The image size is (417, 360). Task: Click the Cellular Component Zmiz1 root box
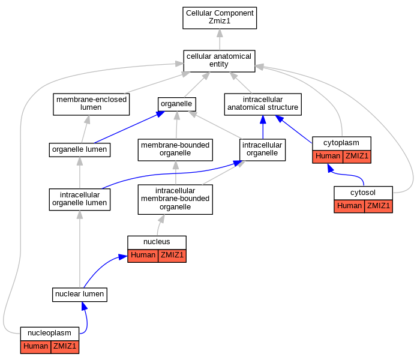point(220,18)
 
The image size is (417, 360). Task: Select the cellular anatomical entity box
point(219,61)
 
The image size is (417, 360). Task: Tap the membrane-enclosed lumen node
point(91,104)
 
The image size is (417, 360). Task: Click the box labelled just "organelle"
point(177,104)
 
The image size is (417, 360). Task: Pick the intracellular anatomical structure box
point(263,104)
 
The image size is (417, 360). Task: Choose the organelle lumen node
point(80,150)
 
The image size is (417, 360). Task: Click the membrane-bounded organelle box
point(175,150)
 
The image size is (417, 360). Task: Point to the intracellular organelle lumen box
point(80,199)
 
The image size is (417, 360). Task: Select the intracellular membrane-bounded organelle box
point(175,199)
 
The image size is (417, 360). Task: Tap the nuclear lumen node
point(80,295)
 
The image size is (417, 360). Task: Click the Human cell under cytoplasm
point(328,157)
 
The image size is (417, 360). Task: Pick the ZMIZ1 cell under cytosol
point(379,206)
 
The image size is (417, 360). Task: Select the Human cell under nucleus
point(143,256)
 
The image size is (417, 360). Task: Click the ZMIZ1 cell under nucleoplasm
point(65,347)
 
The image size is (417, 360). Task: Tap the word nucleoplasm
point(49,333)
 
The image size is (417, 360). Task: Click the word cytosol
point(363,193)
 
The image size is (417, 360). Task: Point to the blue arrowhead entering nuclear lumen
point(85,306)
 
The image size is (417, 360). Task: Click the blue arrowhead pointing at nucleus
point(123,257)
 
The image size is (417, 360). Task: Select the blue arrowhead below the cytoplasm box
point(331,168)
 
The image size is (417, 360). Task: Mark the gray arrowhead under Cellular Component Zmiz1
point(220,33)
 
